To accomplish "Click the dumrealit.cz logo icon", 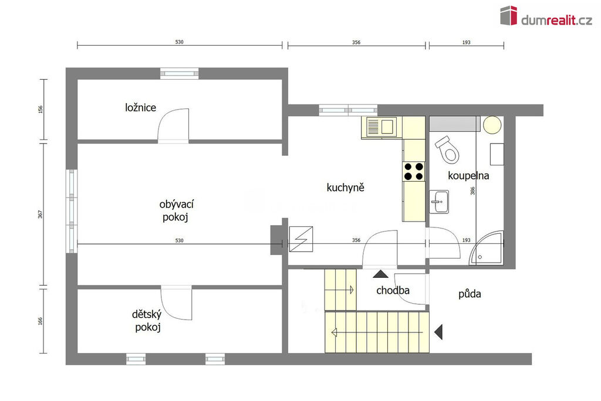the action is (x=508, y=15).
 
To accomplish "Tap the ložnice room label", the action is (x=140, y=108).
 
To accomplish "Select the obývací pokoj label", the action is (x=176, y=210).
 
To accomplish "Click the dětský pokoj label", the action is (x=147, y=321).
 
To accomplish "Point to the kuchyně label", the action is (x=345, y=188).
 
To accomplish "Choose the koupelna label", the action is (x=468, y=176).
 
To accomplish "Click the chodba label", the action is (x=393, y=291).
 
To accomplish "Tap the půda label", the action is (x=470, y=294).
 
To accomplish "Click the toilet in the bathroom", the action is (x=447, y=149).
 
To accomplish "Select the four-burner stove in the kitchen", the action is (x=414, y=171).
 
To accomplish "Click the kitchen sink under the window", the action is (x=380, y=127).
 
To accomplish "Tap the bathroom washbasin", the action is (x=439, y=202).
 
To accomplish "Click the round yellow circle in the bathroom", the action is (x=492, y=124).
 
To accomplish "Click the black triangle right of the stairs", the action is (x=439, y=332).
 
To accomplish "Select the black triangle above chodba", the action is (x=380, y=274).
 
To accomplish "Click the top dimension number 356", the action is (x=356, y=43).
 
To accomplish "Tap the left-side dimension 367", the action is (x=40, y=215).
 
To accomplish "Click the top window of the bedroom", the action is (x=180, y=73).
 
